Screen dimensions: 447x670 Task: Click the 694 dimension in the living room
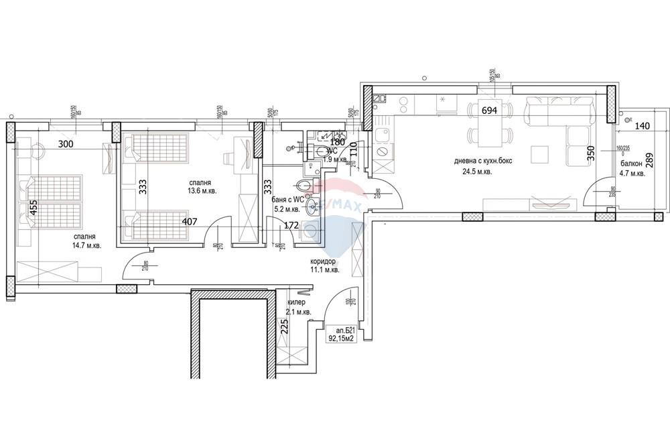[x=489, y=111]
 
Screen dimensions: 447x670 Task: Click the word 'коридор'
[x=324, y=261]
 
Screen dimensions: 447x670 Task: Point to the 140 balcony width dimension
[x=642, y=126]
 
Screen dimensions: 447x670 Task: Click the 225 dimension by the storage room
[x=283, y=328]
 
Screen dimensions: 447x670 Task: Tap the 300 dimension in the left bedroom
[x=66, y=143]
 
